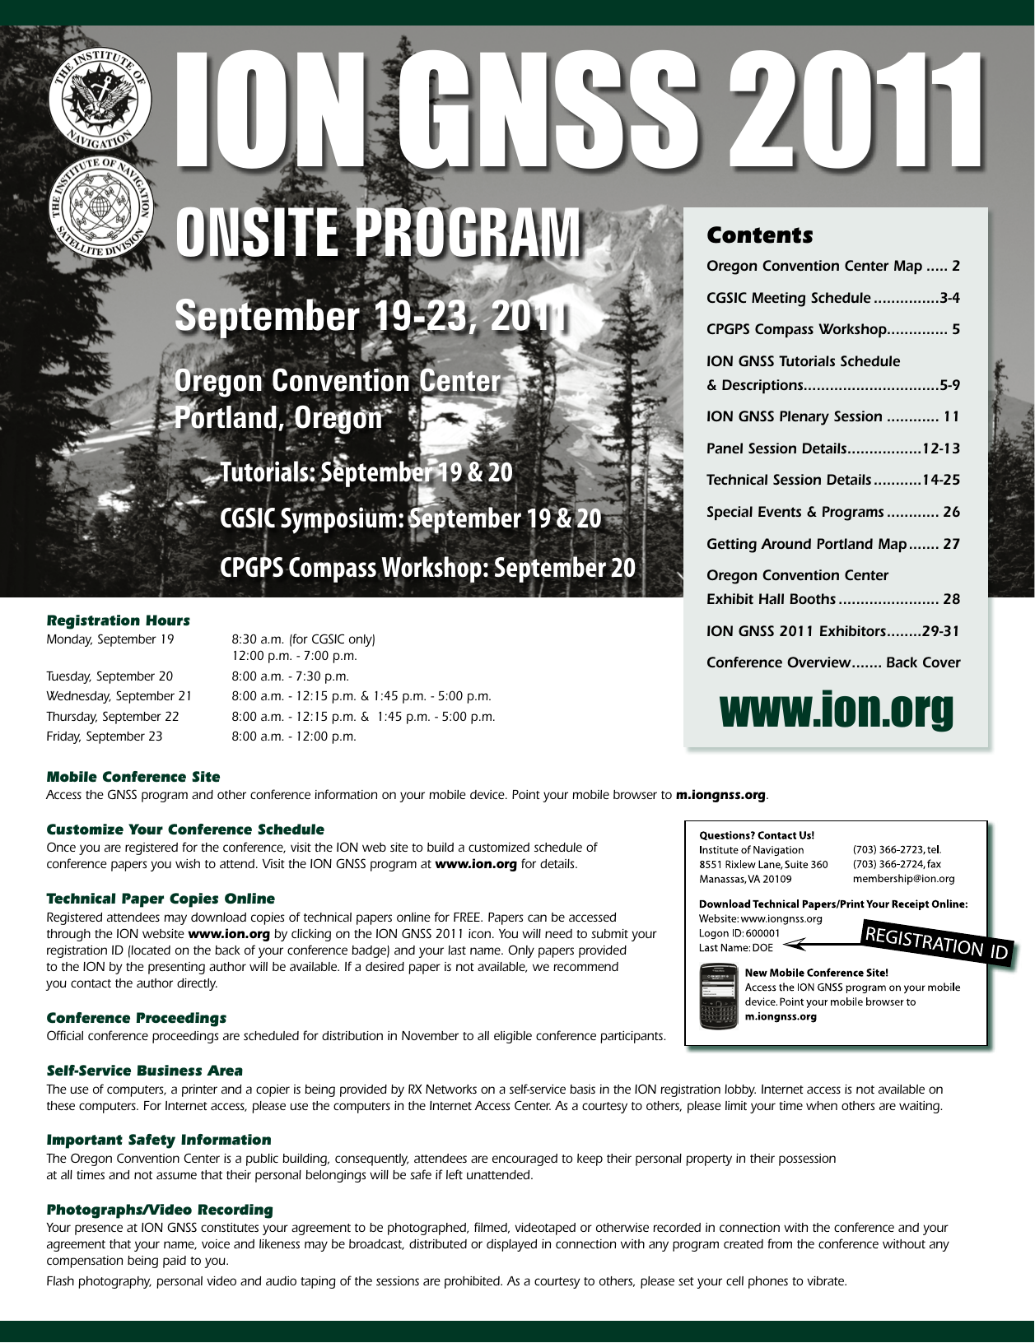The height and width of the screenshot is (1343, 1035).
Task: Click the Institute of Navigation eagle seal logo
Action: [x=100, y=101]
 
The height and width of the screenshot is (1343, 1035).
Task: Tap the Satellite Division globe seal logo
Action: [x=100, y=204]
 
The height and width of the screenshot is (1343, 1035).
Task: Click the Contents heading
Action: [x=759, y=235]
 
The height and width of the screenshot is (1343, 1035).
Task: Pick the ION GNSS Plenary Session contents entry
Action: [x=832, y=416]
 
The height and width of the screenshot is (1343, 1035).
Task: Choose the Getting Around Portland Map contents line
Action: [x=832, y=544]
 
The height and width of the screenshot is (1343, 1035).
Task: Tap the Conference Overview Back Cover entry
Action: [x=832, y=662]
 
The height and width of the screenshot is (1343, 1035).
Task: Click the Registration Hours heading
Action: [x=118, y=620]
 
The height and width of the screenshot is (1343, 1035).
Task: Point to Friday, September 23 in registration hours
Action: [x=105, y=737]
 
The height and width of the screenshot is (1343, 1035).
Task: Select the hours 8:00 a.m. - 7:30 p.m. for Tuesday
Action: [x=290, y=676]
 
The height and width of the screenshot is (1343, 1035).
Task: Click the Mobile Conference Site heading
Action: [x=133, y=777]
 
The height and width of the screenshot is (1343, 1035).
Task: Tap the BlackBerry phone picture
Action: [x=718, y=998]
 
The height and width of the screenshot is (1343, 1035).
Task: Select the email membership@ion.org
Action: [x=903, y=879]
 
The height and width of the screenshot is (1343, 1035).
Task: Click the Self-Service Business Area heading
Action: [x=144, y=1071]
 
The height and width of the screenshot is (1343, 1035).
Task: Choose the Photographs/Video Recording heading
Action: [x=159, y=1210]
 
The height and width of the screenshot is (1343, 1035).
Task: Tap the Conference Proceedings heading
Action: [x=136, y=1018]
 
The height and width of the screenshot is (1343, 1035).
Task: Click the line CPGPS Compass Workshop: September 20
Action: [x=427, y=568]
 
